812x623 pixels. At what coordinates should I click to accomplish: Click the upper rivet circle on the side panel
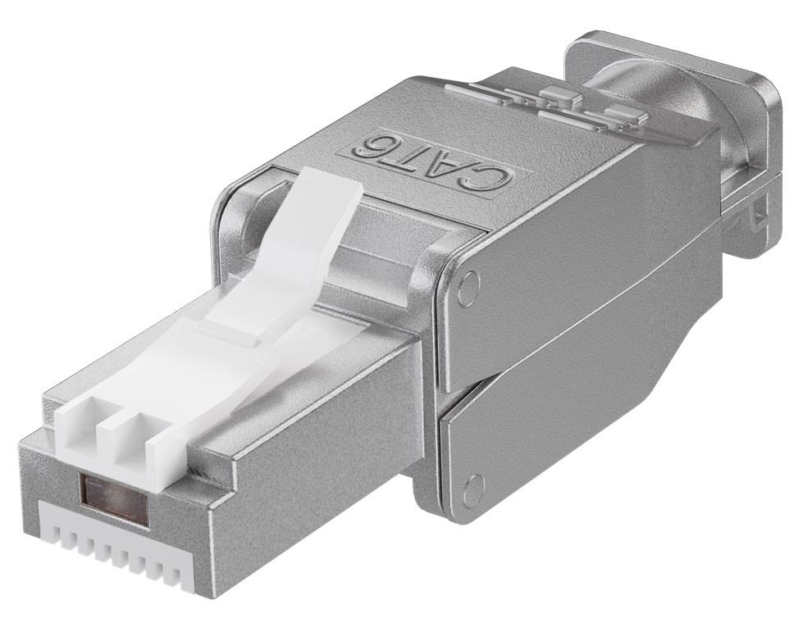pos(468,286)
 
